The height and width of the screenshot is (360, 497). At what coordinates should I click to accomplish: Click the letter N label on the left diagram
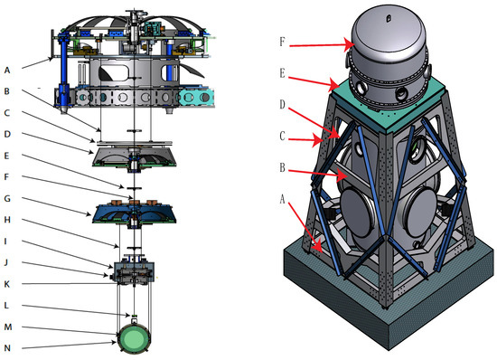[7, 348]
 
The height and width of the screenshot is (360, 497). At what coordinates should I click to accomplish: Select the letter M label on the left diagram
[7, 327]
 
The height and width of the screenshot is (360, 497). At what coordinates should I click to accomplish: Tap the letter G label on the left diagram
[7, 199]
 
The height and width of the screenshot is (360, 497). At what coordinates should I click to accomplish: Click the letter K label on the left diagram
[6, 284]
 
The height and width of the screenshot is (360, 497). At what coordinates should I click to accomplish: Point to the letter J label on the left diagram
[6, 262]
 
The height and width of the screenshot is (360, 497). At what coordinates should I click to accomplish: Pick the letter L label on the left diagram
[6, 305]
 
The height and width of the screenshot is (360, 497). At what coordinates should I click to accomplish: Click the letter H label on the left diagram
[7, 220]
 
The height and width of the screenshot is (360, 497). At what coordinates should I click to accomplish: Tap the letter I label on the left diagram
[5, 242]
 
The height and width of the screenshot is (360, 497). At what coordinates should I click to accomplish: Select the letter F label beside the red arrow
[282, 42]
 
